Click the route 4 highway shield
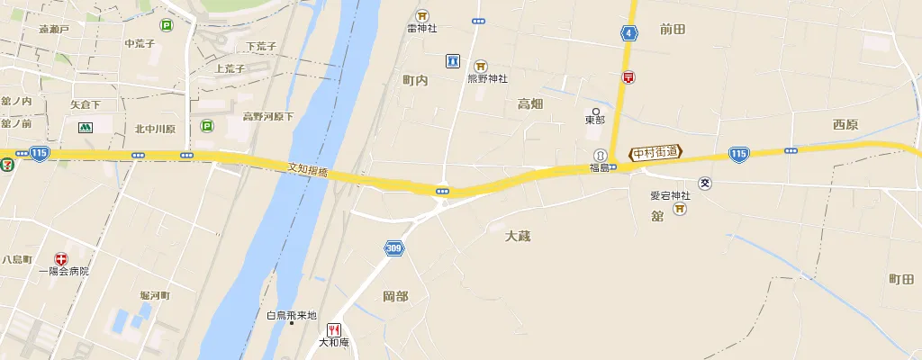click(x=628, y=33)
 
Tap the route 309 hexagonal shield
click(x=393, y=248)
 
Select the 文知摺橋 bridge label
click(x=308, y=170)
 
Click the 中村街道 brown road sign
click(x=656, y=153)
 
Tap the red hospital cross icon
click(x=61, y=258)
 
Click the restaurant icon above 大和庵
click(x=334, y=329)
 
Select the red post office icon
click(x=628, y=78)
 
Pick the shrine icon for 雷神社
click(x=422, y=15)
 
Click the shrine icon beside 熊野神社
click(x=481, y=66)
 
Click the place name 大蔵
click(x=518, y=236)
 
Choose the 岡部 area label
click(x=395, y=296)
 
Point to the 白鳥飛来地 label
click(x=292, y=315)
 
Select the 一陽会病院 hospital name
click(x=64, y=271)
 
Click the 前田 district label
click(x=672, y=30)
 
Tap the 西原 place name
click(x=845, y=124)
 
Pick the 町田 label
click(x=900, y=279)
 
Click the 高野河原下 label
click(x=268, y=117)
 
